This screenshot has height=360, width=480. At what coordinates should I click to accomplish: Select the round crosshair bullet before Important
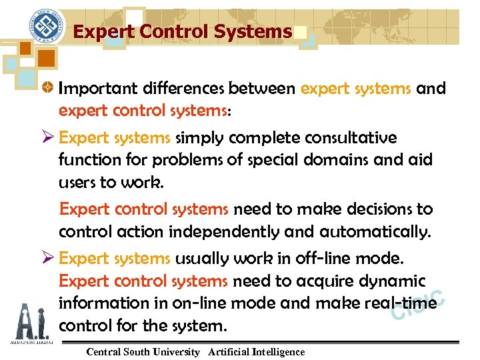pyautogui.click(x=48, y=89)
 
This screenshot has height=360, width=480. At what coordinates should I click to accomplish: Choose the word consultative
pyautogui.click(x=351, y=138)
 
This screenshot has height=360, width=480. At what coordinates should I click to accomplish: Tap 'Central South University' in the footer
pyautogui.click(x=143, y=352)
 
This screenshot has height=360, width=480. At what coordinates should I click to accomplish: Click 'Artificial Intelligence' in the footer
pyautogui.click(x=256, y=352)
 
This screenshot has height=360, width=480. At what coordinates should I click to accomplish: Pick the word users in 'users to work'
pyautogui.click(x=77, y=183)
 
